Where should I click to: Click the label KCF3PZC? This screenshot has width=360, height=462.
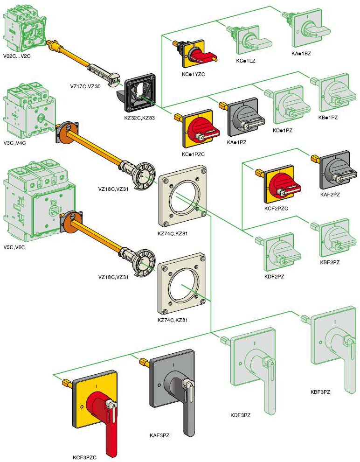pos(84,457)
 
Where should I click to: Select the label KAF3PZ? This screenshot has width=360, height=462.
pos(159,435)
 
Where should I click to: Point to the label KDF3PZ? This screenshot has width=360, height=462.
pos(240,415)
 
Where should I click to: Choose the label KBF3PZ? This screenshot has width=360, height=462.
pos(320,392)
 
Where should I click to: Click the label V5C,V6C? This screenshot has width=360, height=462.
pos(14,247)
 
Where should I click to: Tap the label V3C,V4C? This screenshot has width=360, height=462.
pos(14,143)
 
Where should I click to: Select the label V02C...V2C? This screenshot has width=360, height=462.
pos(17,56)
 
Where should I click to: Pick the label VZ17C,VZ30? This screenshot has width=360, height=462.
pos(85,86)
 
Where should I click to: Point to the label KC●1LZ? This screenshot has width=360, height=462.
pos(245,61)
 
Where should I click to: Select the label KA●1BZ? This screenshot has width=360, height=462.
pos(301,53)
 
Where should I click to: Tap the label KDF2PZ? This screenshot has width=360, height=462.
pos(274,277)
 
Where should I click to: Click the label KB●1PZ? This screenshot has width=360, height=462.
pos(328,117)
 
